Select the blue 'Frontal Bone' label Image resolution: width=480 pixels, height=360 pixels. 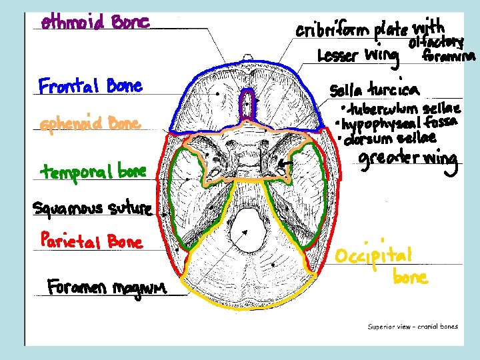pos(90,87)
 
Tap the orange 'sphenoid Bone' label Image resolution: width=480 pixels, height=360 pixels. pos(90,125)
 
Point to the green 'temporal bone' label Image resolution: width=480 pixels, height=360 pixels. pos(93,173)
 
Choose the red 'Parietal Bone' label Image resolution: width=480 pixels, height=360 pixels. pos(91,240)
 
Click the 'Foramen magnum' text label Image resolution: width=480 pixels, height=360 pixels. pos(107,288)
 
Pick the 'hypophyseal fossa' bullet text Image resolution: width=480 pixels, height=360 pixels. pos(398,123)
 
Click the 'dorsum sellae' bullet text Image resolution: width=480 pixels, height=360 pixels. pos(389,138)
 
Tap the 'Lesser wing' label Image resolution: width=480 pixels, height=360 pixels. pos(357,55)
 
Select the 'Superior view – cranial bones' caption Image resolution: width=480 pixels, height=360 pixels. pos(413,327)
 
